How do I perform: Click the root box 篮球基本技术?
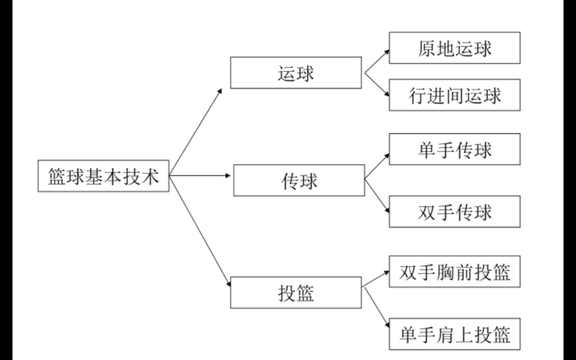(x=103, y=176)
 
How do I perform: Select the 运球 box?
(x=296, y=73)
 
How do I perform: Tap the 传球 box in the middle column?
(x=299, y=180)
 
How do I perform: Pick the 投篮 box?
(x=296, y=292)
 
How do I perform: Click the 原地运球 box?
(x=454, y=48)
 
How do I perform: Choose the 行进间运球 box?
(x=454, y=95)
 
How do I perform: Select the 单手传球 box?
(x=454, y=149)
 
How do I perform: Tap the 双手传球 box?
(x=454, y=212)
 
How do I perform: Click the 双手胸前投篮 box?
(x=454, y=271)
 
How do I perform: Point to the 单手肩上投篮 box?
(x=454, y=334)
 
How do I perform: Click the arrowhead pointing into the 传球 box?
(x=228, y=175)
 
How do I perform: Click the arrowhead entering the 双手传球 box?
(x=387, y=210)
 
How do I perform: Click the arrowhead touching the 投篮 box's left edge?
(x=228, y=284)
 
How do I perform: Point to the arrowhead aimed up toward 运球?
(x=220, y=91)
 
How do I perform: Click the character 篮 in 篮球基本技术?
(x=57, y=176)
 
